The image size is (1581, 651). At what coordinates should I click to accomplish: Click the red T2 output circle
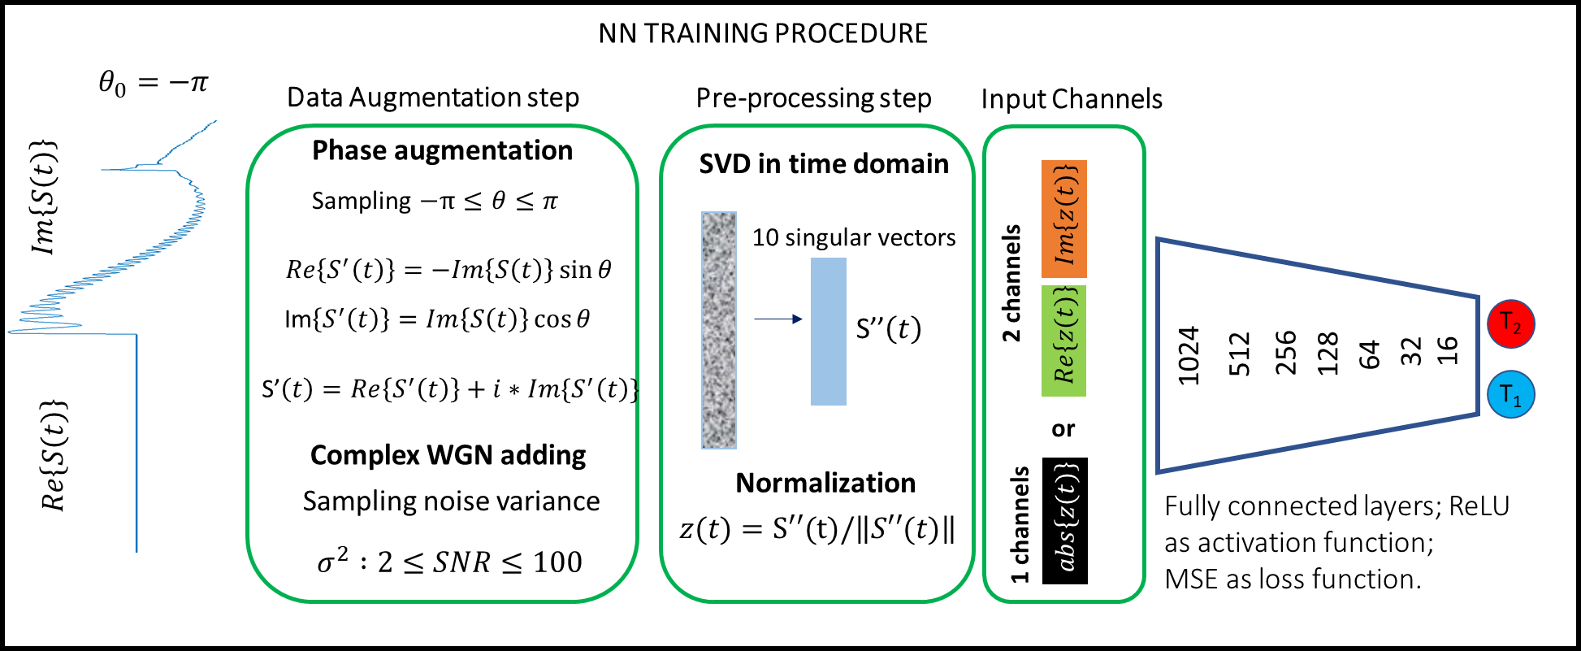pyautogui.click(x=1510, y=323)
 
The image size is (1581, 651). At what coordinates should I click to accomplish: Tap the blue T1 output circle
pyautogui.click(x=1510, y=394)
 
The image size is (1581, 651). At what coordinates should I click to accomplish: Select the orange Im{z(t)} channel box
pyautogui.click(x=1063, y=219)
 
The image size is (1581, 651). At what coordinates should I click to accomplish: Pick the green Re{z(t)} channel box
pyautogui.click(x=1063, y=341)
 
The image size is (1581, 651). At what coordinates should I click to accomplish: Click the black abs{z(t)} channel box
pyautogui.click(x=1064, y=521)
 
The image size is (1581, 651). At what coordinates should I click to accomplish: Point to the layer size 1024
pyautogui.click(x=1189, y=355)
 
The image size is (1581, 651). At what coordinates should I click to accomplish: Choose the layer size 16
pyautogui.click(x=1448, y=350)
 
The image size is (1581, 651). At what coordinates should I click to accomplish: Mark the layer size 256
pyautogui.click(x=1285, y=353)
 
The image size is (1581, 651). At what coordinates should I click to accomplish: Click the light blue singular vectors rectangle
pyautogui.click(x=828, y=331)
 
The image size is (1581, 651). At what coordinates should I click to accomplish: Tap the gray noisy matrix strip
pyautogui.click(x=719, y=330)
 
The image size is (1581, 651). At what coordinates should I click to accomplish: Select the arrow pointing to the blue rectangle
pyautogui.click(x=778, y=319)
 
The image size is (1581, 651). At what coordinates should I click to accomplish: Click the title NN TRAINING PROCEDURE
pyautogui.click(x=763, y=33)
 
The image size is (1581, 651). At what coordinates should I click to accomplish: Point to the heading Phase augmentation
pyautogui.click(x=443, y=150)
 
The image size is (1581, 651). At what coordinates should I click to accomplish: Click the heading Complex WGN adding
pyautogui.click(x=448, y=455)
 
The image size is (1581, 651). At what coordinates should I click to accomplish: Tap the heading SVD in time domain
pyautogui.click(x=824, y=164)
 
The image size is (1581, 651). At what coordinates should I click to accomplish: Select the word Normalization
pyautogui.click(x=825, y=483)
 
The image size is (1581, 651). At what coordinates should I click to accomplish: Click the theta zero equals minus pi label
pyautogui.click(x=154, y=83)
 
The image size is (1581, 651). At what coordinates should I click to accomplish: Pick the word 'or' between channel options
pyautogui.click(x=1063, y=428)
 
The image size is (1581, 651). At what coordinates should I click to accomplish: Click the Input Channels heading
pyautogui.click(x=1072, y=99)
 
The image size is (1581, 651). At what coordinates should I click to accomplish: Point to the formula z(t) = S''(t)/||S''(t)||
pyautogui.click(x=817, y=529)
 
